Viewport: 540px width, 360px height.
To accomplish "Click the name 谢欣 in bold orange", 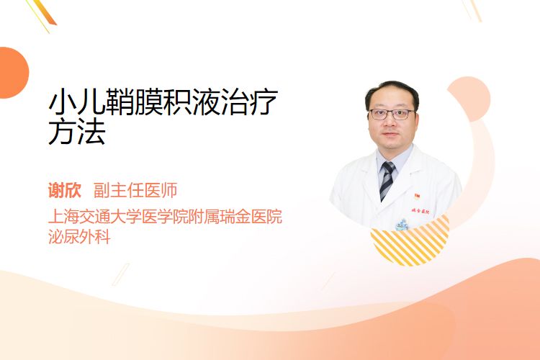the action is pos(65,190).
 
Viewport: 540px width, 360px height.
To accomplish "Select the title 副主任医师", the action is pos(135,190).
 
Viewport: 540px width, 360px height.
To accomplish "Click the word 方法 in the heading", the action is pos(77,132).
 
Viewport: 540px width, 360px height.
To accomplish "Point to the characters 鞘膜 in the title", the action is pos(134,102).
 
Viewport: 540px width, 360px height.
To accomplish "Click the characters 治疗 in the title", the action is pos(249,102).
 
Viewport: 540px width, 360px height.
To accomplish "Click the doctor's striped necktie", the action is pos(387,180).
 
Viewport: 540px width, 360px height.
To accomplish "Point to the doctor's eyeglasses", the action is pos(392,114).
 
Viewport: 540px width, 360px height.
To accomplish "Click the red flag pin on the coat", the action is pos(417,197).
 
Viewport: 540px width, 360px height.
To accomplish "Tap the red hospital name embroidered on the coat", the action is pos(420,211).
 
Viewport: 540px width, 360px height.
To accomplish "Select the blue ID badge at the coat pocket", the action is pos(402,225).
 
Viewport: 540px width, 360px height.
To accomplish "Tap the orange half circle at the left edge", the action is pos(13,73).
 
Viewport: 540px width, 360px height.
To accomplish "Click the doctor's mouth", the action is pos(390,134).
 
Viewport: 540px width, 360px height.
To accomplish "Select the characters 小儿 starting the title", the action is pos(77,102).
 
